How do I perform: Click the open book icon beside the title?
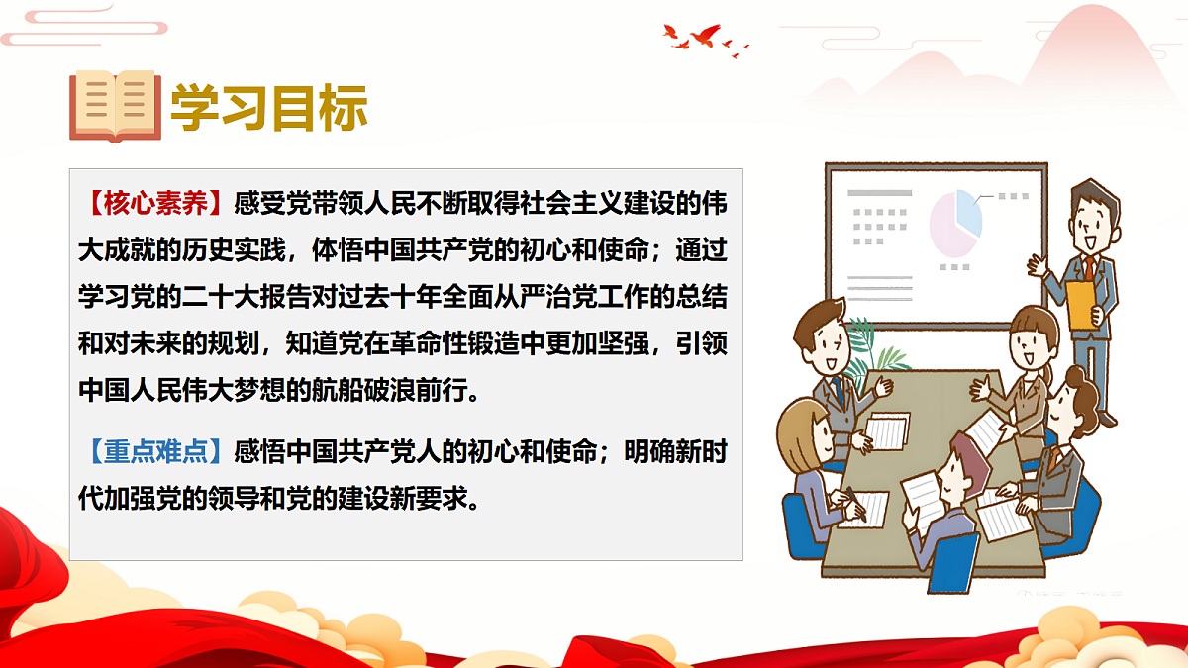(115, 106)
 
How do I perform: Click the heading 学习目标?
(269, 107)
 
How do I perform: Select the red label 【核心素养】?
(155, 203)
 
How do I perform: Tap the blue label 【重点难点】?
(155, 450)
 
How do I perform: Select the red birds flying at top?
(704, 38)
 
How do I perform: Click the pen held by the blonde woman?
(854, 507)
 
